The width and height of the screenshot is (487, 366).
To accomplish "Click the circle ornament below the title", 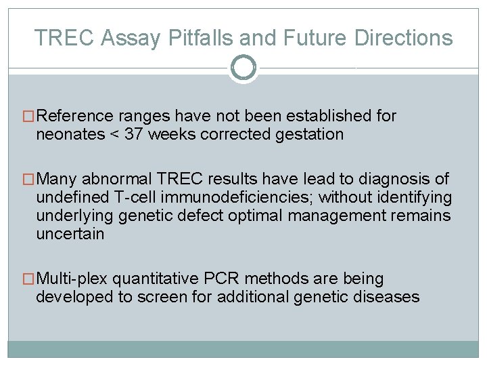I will pyautogui.click(x=243, y=68).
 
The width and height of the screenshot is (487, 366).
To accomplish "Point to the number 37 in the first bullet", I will pyautogui.click(x=134, y=134).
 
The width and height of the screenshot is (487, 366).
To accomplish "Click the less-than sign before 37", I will pyautogui.click(x=114, y=134).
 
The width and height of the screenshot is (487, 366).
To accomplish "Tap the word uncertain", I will pyautogui.click(x=70, y=235).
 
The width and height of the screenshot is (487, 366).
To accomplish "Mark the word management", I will pyautogui.click(x=363, y=216).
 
